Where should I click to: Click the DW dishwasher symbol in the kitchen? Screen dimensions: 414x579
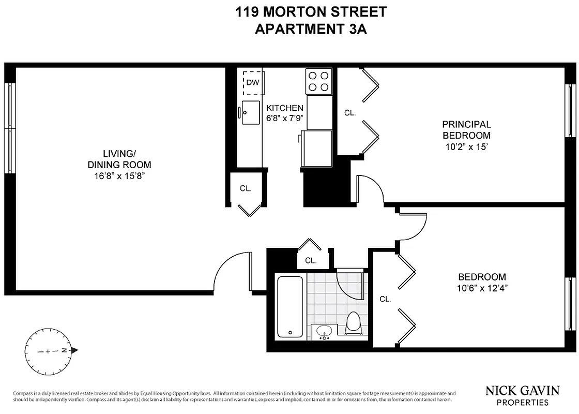point(252,83)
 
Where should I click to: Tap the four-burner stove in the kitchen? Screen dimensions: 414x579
point(318,81)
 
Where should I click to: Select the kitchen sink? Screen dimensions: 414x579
point(251,112)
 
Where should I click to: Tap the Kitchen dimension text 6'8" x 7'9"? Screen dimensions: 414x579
point(284,117)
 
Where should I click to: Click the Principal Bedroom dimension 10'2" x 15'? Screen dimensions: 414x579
point(466,146)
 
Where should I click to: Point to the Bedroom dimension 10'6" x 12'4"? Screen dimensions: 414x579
point(482,288)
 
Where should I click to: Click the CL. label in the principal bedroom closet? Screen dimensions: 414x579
point(350,113)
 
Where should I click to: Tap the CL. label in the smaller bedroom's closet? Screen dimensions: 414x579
point(385,299)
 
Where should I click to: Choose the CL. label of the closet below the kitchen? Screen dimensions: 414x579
point(246,188)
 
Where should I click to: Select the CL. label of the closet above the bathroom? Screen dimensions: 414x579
point(310,261)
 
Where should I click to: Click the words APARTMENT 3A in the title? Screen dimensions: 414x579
point(311,28)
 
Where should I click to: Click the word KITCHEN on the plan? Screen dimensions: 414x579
point(284,108)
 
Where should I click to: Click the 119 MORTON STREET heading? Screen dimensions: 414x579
point(311,11)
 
